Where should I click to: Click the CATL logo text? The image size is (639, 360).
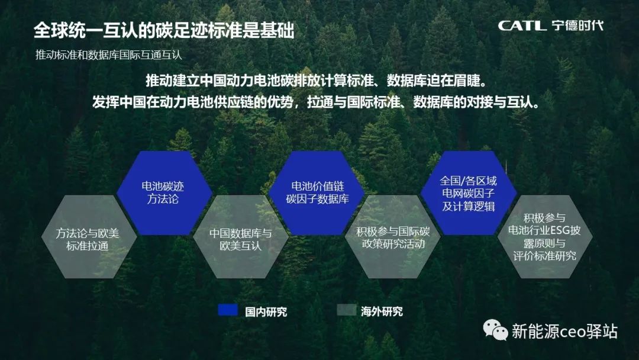pos(522,25)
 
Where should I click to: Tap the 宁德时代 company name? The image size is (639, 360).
pos(577,25)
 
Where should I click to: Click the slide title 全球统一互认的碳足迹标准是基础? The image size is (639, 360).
pos(164,30)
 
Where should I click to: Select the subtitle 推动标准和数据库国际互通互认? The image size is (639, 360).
pos(108,54)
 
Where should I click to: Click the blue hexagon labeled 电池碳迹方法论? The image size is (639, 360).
pos(164,193)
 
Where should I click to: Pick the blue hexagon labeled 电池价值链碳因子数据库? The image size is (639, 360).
pos(317,193)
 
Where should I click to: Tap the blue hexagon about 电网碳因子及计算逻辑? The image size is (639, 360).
pos(469,193)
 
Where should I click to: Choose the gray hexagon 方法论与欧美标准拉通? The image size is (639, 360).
pos(89,237)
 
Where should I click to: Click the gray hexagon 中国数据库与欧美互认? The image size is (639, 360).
pos(241,237)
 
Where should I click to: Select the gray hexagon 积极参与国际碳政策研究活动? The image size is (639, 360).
pos(393,237)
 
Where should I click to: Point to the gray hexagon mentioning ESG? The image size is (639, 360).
pos(545,237)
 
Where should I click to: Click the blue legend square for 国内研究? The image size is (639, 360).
pos(228,310)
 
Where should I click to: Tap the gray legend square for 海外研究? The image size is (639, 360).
pos(347,310)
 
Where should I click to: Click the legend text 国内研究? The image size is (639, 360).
pos(266,312)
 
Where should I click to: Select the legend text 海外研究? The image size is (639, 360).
pos(382,312)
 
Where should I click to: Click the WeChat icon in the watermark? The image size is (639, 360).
pos(495,330)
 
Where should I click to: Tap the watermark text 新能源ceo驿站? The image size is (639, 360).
pos(564,331)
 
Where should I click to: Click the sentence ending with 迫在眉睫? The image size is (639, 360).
pos(317,81)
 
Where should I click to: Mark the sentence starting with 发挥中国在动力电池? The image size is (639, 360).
pos(316,101)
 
